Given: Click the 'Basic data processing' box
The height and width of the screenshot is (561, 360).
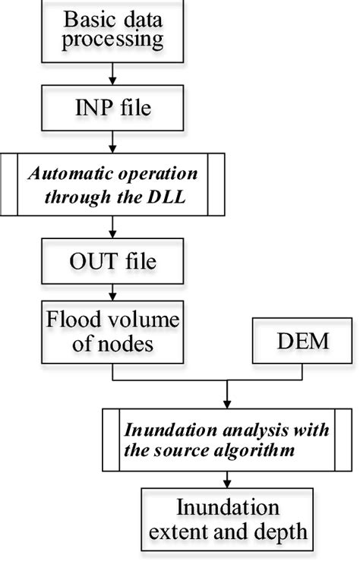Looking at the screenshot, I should pos(112,30).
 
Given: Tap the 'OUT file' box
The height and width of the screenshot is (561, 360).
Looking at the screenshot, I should pos(112,263).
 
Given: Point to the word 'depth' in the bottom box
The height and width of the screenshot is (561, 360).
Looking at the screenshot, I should pos(283,532).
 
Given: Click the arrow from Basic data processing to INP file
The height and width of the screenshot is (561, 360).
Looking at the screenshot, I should pos(112,73).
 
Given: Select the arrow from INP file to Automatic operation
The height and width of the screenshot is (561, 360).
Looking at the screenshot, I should pos(112,142).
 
